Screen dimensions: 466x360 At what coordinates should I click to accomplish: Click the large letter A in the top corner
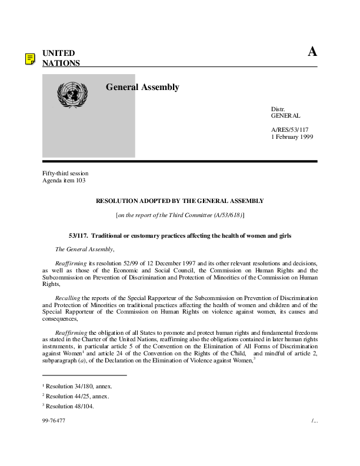click(312, 52)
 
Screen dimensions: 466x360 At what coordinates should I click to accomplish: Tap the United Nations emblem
click(72, 94)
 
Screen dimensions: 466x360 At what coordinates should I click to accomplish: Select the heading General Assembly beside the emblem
click(142, 87)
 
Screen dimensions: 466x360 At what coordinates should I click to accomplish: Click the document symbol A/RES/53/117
click(289, 129)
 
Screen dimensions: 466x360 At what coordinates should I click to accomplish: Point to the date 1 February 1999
click(292, 137)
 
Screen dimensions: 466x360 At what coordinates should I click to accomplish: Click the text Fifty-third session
click(65, 174)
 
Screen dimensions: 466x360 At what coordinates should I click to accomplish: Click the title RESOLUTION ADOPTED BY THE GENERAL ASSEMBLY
click(179, 201)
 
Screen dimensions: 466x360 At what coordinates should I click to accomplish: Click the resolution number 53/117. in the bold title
click(78, 235)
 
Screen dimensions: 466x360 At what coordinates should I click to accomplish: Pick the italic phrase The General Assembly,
click(84, 249)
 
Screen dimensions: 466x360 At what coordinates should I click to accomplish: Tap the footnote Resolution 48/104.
click(70, 406)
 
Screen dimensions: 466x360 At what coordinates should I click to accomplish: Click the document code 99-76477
click(54, 421)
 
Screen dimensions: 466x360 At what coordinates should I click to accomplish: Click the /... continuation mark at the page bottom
click(314, 421)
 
